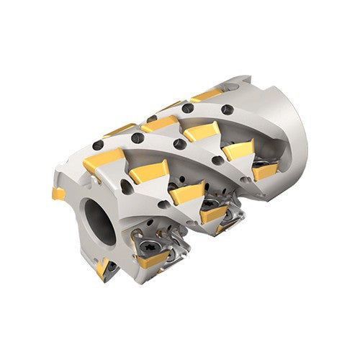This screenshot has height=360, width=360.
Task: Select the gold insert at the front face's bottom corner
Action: (x=102, y=268)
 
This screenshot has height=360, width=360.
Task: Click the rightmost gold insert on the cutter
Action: (x=265, y=172)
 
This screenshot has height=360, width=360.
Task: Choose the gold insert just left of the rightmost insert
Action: (x=238, y=150)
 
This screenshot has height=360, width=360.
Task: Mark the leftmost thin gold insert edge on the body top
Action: (x=115, y=131)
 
